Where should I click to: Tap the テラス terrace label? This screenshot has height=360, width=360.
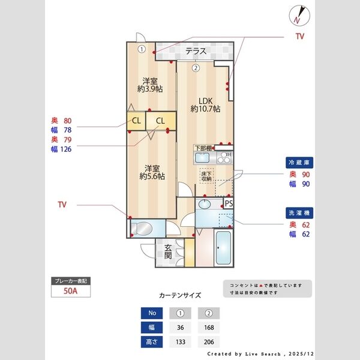pos(196,51)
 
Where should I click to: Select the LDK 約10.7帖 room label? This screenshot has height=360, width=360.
pos(205,104)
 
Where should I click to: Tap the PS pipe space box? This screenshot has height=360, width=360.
pos(229,203)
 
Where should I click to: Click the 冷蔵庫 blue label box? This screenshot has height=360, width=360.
pos(298,163)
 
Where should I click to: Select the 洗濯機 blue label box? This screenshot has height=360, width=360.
pos(298,213)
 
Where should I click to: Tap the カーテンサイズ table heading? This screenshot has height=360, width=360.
pos(180,295)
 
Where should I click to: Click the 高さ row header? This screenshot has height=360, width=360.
pos(152,341)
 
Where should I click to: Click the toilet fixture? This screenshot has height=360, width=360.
pos(144,229)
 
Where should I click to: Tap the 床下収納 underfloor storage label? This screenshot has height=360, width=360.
pos(206,176)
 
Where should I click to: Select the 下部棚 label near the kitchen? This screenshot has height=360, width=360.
pos(202,148)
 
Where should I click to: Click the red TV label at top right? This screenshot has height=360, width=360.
pos(299,37)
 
